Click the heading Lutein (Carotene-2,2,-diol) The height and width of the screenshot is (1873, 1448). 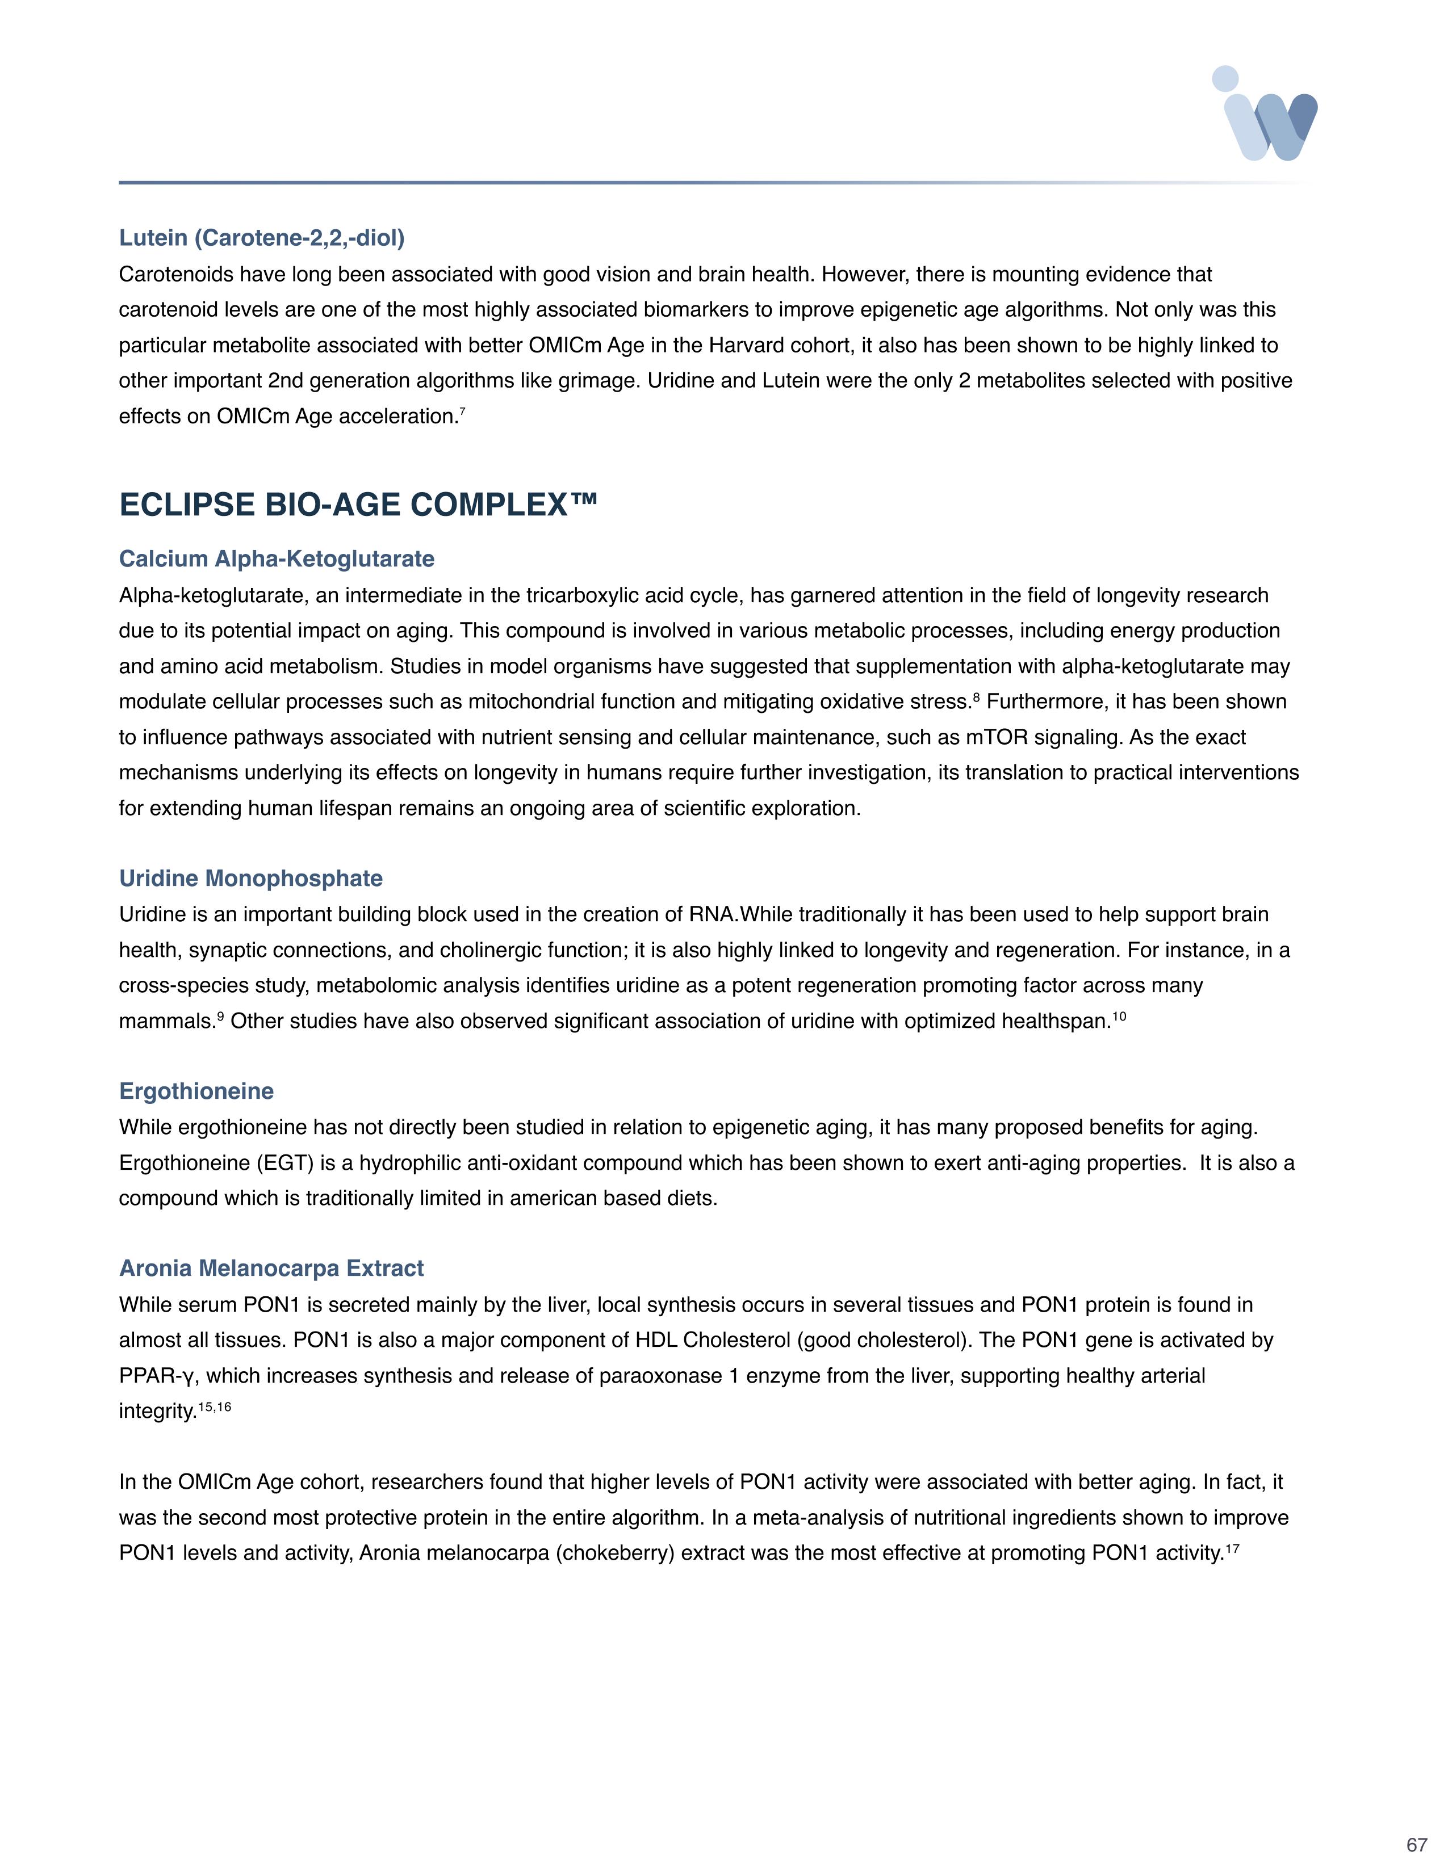[262, 238]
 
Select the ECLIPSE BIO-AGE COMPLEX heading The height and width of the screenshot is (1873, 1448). [358, 504]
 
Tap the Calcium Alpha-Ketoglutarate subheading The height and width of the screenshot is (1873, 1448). [276, 559]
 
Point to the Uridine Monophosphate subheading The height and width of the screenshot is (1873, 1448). [250, 878]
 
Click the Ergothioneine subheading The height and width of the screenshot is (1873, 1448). [196, 1091]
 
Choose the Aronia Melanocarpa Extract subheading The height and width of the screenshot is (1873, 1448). [271, 1269]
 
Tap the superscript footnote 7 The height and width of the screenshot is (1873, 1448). [462, 411]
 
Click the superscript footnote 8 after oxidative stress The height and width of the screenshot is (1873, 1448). [976, 697]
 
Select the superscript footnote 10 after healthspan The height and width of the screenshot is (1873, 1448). [1119, 1017]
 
